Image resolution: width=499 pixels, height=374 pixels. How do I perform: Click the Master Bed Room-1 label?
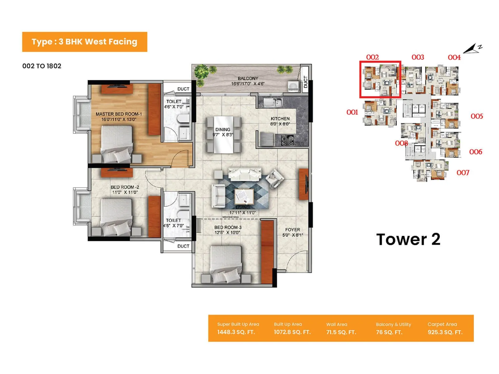(119, 114)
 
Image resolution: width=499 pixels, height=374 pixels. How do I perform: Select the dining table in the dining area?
(223, 134)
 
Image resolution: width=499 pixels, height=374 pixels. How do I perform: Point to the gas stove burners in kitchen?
(287, 140)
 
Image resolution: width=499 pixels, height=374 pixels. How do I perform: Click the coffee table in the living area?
(244, 196)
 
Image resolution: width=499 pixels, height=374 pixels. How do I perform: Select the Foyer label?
(292, 230)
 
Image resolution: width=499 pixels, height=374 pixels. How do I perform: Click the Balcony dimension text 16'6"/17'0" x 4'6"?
(248, 84)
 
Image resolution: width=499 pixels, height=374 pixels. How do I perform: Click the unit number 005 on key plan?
(477, 116)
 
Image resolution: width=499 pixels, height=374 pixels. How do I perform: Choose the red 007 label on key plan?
(463, 173)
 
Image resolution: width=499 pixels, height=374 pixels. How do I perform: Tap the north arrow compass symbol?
(472, 49)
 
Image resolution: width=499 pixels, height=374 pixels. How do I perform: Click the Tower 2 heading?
(408, 239)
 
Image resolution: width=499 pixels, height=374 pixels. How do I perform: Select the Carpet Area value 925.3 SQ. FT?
(445, 332)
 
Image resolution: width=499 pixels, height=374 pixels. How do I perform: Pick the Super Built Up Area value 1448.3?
(236, 332)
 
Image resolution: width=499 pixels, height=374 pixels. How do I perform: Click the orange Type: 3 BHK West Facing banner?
(85, 42)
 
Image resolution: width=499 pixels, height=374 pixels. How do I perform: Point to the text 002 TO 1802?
(42, 66)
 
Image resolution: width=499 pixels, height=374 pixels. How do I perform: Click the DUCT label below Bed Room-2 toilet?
(183, 246)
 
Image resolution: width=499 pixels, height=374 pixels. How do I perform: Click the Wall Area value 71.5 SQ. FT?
(341, 332)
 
